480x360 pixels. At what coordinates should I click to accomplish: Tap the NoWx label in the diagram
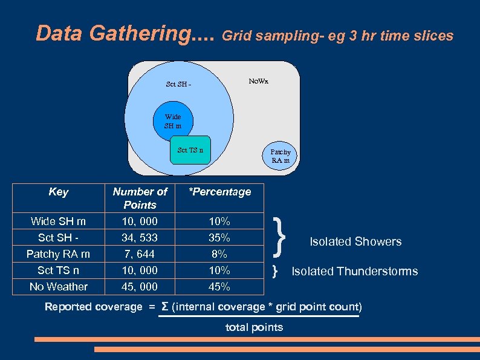tap(258, 81)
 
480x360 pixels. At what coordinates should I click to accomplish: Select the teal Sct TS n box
tap(190, 150)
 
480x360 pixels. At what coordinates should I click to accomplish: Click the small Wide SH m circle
tap(173, 121)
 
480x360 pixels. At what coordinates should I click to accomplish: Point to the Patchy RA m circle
tap(280, 156)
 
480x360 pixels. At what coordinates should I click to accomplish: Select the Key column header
tap(58, 192)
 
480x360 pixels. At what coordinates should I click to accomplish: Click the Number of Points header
tap(140, 198)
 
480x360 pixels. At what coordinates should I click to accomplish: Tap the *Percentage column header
tap(219, 192)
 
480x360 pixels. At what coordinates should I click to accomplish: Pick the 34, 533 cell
tap(140, 238)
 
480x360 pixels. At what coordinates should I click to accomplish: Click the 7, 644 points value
tap(140, 254)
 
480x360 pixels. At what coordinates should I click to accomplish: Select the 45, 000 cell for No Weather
tap(140, 287)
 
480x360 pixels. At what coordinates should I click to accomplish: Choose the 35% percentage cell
tap(219, 238)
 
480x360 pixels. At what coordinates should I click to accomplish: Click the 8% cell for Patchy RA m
tap(219, 254)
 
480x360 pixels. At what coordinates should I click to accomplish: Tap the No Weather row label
tap(58, 287)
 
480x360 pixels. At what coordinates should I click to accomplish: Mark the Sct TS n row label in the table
tap(58, 270)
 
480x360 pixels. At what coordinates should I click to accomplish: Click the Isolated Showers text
tap(355, 241)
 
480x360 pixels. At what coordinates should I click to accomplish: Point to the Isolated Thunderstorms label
tap(355, 271)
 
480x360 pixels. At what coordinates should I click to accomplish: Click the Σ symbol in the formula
tap(164, 307)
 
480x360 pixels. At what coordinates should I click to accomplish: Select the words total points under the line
tap(254, 327)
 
